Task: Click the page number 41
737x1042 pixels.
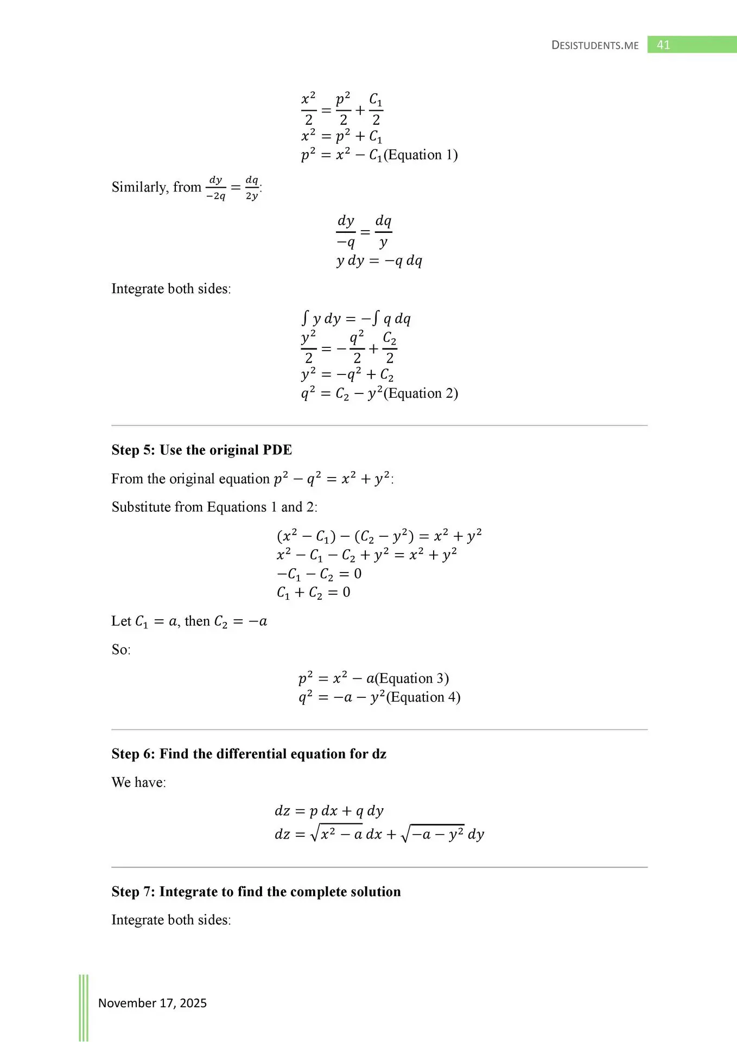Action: (663, 45)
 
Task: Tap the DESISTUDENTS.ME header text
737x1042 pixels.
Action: (595, 46)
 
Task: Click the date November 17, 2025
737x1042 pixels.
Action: (153, 1003)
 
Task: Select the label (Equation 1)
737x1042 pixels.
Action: (421, 155)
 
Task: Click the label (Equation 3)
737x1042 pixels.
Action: (412, 678)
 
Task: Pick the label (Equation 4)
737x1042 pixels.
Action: (423, 697)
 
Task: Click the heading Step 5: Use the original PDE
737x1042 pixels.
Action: (202, 450)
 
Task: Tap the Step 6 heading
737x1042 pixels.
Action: (249, 754)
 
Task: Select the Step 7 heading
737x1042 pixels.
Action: (256, 892)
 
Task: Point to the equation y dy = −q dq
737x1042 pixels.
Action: (379, 261)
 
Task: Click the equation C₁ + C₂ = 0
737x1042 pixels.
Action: (314, 593)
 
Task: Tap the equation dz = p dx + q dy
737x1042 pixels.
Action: (329, 811)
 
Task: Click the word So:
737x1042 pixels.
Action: (121, 650)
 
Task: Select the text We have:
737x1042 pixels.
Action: (139, 782)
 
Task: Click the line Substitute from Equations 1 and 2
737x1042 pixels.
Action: (214, 507)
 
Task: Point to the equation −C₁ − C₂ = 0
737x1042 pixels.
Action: (319, 574)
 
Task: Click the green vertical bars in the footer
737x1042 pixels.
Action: (84, 1007)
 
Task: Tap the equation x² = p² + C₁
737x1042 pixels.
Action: (342, 136)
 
